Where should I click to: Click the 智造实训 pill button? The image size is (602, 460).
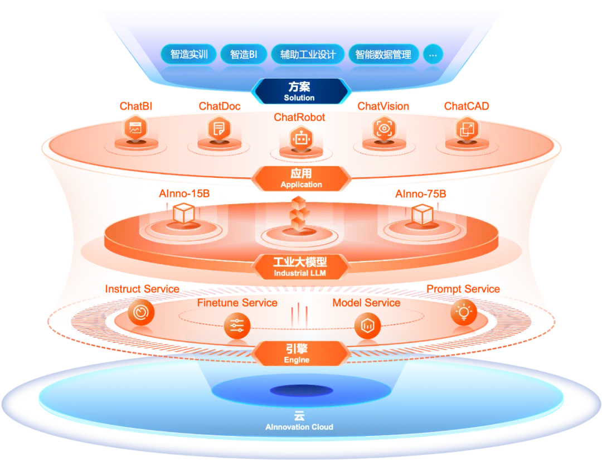[189, 55]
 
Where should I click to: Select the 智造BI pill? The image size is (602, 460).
[244, 55]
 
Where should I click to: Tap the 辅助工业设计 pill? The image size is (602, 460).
[308, 55]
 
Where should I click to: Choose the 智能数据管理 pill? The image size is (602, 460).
[383, 55]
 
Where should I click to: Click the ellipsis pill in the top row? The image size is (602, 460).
[433, 55]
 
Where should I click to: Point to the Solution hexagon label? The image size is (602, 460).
[299, 91]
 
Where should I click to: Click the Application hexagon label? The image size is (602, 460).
[301, 178]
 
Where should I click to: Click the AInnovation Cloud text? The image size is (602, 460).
[299, 427]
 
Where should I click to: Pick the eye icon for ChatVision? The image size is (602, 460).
[383, 128]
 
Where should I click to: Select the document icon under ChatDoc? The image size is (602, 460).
[218, 129]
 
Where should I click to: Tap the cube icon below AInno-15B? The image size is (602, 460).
[183, 214]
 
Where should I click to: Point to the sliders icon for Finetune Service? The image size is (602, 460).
[237, 326]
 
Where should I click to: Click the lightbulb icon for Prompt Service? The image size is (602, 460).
[464, 312]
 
